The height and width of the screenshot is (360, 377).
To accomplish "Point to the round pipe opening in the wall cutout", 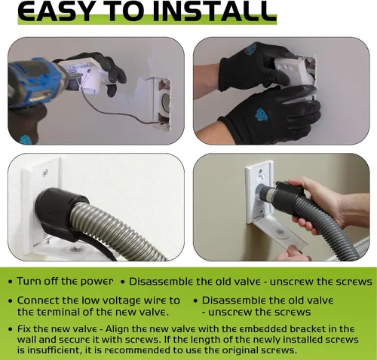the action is [x=165, y=102].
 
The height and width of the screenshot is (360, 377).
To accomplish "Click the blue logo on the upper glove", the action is [x=250, y=49].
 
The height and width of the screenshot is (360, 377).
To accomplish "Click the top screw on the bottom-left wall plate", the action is [x=45, y=172].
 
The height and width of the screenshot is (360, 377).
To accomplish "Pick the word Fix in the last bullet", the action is [x=24, y=329].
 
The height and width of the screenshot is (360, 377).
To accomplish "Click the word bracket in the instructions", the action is [x=314, y=329].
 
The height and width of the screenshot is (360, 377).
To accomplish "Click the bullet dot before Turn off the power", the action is [x=10, y=282].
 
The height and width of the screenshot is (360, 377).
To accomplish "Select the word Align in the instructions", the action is [x=117, y=329].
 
